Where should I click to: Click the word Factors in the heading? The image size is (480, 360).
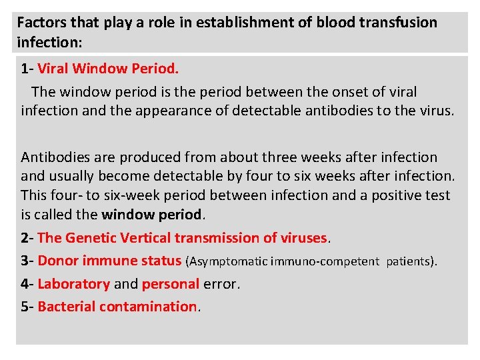click(x=39, y=22)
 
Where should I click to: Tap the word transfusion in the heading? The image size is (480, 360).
click(x=398, y=22)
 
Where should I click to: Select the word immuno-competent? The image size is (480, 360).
click(x=326, y=261)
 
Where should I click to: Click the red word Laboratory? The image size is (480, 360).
click(x=73, y=284)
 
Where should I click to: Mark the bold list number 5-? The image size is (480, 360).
click(x=27, y=307)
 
